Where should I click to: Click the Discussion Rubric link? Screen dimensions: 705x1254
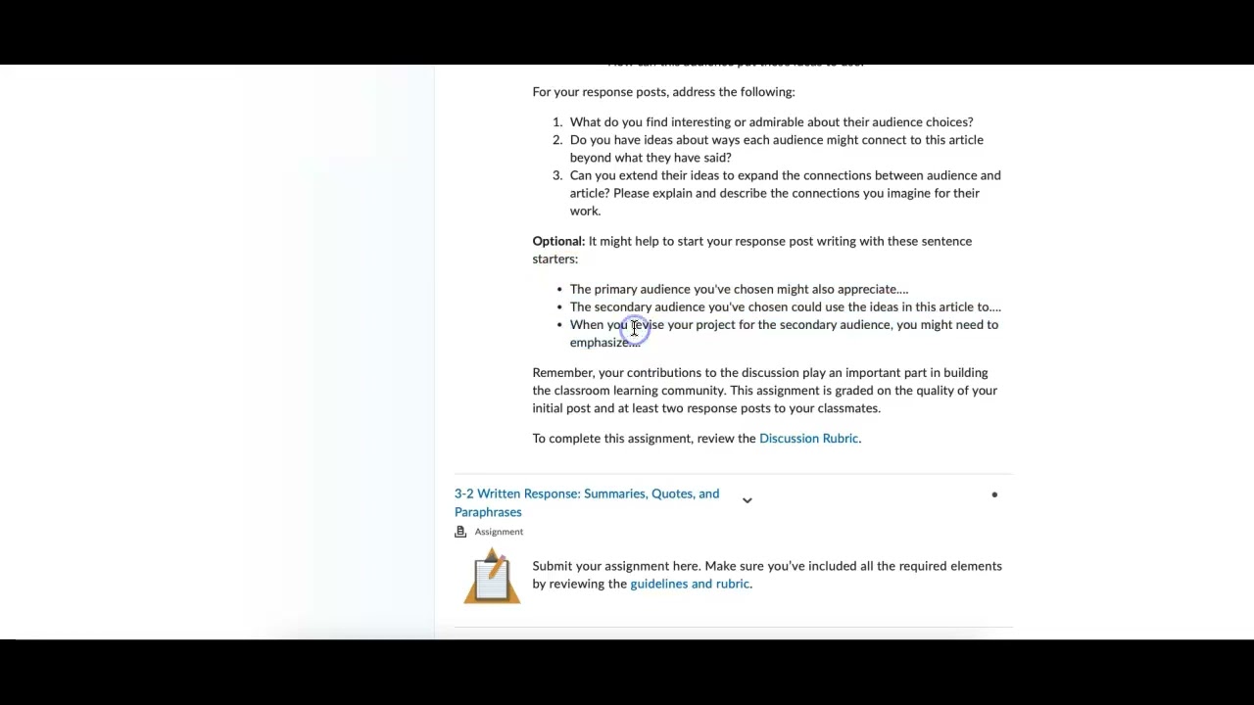click(x=808, y=439)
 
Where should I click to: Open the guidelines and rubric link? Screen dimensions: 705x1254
click(x=690, y=584)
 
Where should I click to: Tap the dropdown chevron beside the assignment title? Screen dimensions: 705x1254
click(x=747, y=500)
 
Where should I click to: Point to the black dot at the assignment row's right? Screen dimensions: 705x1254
click(x=994, y=494)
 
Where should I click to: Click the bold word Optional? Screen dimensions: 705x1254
click(x=557, y=242)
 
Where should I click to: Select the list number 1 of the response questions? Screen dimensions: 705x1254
click(x=556, y=122)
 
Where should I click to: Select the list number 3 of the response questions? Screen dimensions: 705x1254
click(x=556, y=176)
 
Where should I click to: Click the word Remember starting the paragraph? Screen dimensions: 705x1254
click(x=562, y=373)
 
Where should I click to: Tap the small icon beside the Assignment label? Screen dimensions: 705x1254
click(x=460, y=532)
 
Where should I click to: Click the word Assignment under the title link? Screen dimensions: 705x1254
click(x=499, y=532)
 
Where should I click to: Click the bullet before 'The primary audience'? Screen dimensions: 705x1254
click(x=559, y=290)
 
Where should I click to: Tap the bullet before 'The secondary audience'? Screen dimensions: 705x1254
click(x=559, y=307)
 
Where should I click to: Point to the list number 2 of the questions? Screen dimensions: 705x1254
click(x=556, y=140)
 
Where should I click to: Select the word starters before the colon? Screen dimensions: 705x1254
click(x=554, y=259)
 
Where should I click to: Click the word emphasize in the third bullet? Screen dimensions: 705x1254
click(x=600, y=343)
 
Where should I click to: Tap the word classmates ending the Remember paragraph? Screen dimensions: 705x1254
click(x=847, y=408)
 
